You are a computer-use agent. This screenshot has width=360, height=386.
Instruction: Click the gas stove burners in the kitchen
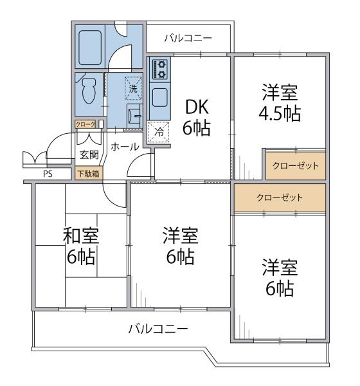159,69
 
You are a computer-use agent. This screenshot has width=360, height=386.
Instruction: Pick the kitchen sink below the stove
159,98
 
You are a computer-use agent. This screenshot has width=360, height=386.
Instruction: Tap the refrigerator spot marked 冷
157,132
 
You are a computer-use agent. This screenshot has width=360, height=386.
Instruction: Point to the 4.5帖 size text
280,115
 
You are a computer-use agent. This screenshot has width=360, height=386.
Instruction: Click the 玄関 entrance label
89,155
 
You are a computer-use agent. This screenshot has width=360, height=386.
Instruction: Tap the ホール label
125,147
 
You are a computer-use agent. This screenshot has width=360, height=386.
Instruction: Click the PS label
47,174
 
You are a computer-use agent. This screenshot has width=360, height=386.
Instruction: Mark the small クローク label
85,124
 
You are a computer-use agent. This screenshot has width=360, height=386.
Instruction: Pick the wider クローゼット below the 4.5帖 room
279,197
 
